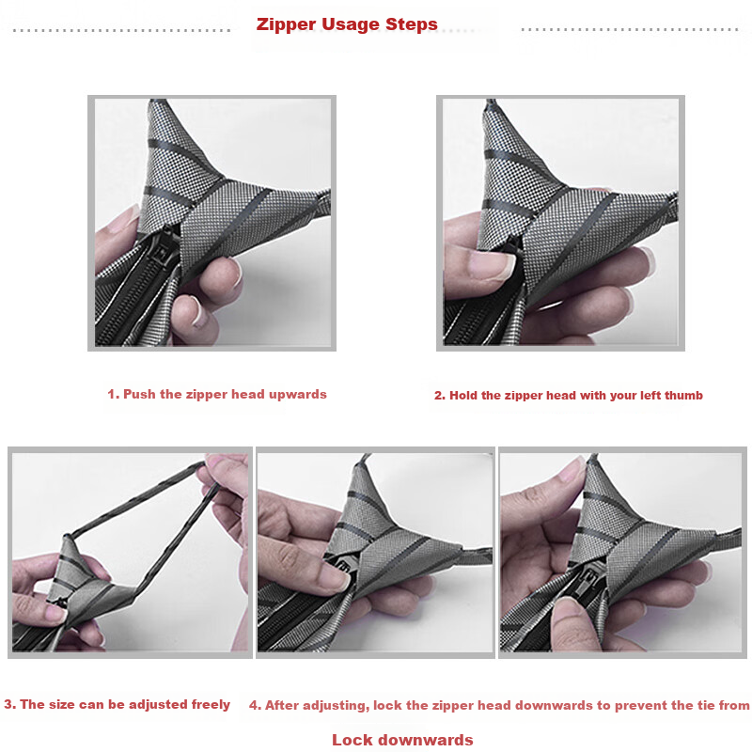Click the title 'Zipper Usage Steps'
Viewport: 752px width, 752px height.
(x=347, y=24)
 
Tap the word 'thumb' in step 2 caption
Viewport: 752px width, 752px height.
(x=682, y=396)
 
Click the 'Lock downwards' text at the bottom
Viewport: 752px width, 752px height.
(x=402, y=740)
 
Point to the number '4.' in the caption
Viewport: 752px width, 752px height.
(x=255, y=705)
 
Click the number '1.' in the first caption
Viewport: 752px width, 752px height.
(x=113, y=395)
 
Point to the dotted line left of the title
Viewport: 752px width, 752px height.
(x=122, y=30)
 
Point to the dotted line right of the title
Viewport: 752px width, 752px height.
(x=630, y=30)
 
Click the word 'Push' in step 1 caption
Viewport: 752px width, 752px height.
(x=140, y=395)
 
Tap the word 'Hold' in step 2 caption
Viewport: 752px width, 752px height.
(x=464, y=396)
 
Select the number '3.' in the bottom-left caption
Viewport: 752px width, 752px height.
(x=9, y=705)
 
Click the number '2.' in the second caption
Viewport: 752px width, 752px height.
(x=439, y=396)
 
